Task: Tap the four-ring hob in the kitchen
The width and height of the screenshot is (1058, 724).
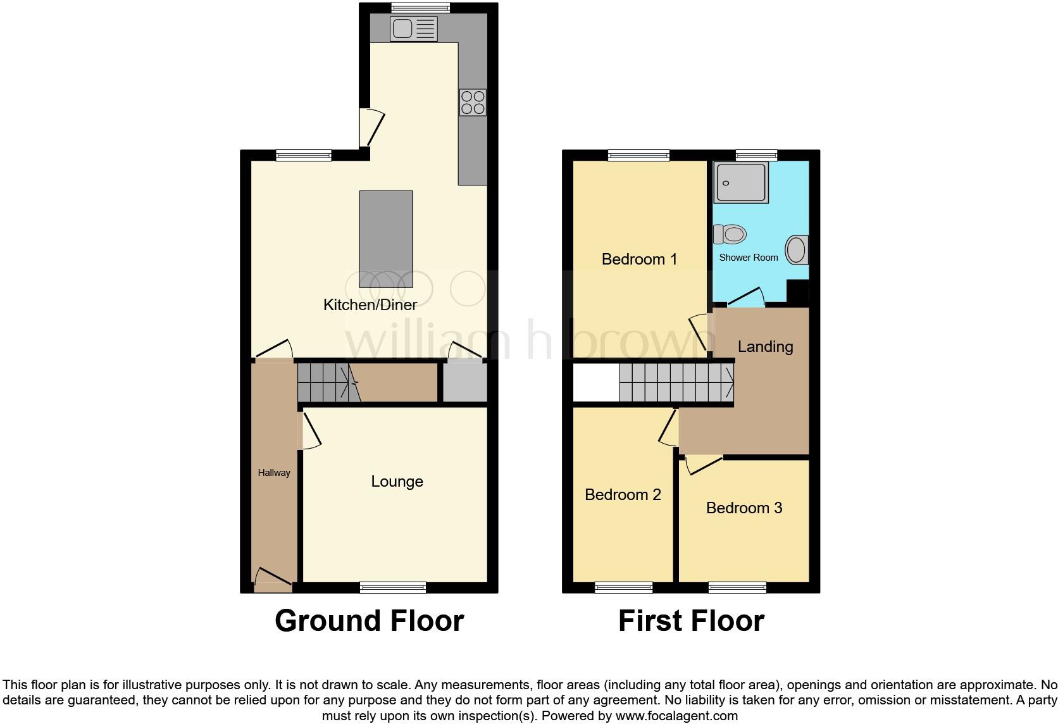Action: pyautogui.click(x=473, y=103)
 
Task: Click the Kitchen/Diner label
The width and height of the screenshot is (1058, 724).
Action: pyautogui.click(x=370, y=304)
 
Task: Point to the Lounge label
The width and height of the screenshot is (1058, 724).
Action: pyautogui.click(x=397, y=482)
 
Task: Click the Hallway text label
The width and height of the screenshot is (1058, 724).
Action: pyautogui.click(x=274, y=473)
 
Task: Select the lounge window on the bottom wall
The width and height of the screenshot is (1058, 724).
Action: pyautogui.click(x=392, y=587)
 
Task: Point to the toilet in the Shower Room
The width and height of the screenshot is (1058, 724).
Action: pyautogui.click(x=730, y=234)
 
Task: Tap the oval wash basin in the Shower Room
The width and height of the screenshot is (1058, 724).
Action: pyautogui.click(x=797, y=250)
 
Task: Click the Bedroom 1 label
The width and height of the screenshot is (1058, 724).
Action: pyautogui.click(x=639, y=259)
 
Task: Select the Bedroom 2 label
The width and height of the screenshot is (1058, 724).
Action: pyautogui.click(x=623, y=494)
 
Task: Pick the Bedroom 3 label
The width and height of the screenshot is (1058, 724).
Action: pyautogui.click(x=744, y=508)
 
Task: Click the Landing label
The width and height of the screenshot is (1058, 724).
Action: pyautogui.click(x=765, y=346)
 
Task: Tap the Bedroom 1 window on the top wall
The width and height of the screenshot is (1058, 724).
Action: pyautogui.click(x=639, y=155)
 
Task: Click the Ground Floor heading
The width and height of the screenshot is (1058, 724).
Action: pyautogui.click(x=370, y=621)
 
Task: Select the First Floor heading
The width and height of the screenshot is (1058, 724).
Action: pyautogui.click(x=691, y=621)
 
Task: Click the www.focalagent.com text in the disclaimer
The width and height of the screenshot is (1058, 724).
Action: pyautogui.click(x=676, y=716)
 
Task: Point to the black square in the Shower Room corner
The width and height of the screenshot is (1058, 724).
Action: pyautogui.click(x=798, y=292)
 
